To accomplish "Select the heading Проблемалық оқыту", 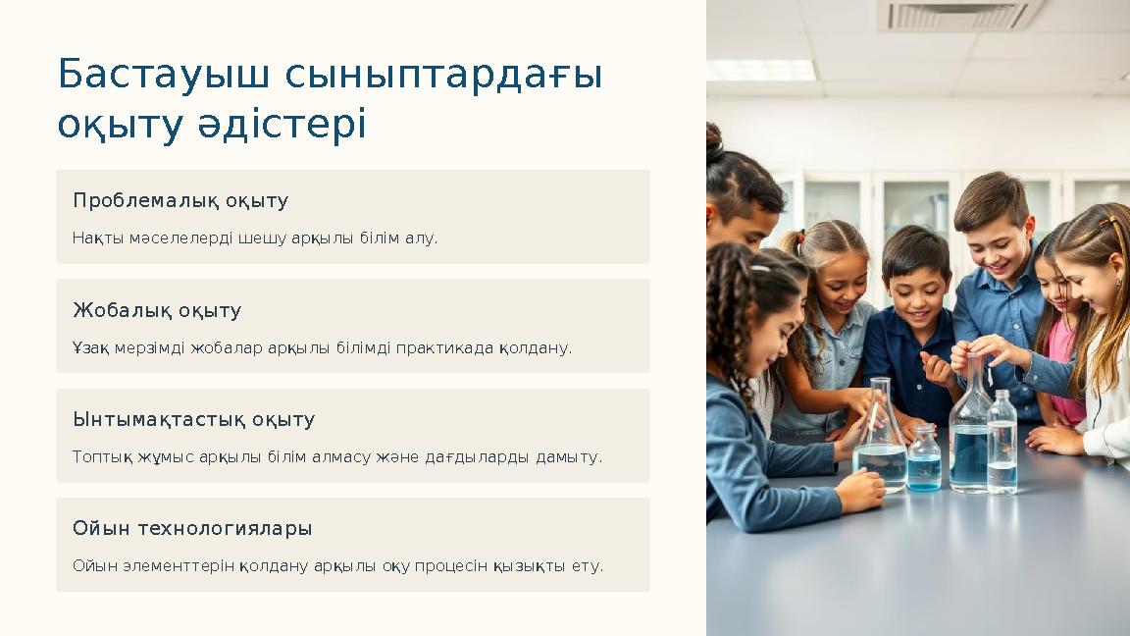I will pos(180,201).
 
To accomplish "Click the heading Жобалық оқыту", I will pos(157,311).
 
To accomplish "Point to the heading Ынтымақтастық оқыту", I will pos(193,420).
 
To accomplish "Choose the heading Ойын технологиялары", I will pos(192,529).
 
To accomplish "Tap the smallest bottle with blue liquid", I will pos(923,458).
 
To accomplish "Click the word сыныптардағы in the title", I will pos(444,75).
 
